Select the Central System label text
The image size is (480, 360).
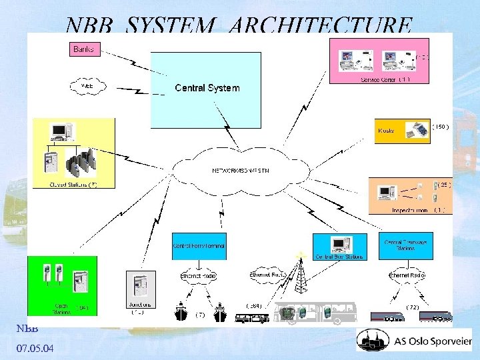(207, 88)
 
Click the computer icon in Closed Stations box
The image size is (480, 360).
(61, 133)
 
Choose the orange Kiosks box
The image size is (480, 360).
(403, 130)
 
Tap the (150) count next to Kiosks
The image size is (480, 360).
(441, 125)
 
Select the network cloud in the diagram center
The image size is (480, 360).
(240, 171)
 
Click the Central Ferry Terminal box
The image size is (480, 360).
(199, 246)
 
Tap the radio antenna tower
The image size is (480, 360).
(302, 275)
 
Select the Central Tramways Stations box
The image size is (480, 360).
(406, 245)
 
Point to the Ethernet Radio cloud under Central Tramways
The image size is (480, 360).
(406, 275)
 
